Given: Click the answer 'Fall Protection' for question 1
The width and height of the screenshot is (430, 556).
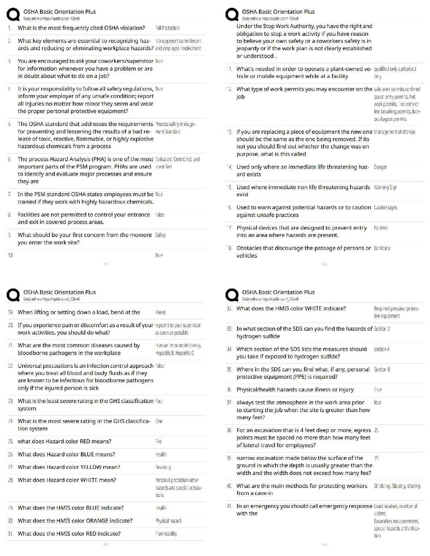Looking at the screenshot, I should pos(167,28).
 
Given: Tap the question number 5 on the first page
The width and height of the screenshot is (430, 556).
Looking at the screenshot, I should pos(9,124).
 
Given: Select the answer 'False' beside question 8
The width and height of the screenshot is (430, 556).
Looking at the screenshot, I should pos(159,215).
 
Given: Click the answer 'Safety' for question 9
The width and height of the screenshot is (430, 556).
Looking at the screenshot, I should pos(160,235).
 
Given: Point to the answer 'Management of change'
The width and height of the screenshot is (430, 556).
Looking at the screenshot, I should pos(395,132).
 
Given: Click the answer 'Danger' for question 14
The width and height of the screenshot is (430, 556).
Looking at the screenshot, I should pos(380,167).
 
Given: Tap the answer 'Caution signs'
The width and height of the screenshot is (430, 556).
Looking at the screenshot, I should pos(385,207).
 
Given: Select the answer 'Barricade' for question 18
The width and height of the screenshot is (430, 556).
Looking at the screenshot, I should pos(382,248).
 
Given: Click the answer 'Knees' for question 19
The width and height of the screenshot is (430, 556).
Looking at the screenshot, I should pos(160,312).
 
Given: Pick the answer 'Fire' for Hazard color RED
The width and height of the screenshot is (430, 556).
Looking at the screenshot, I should pos(158,442).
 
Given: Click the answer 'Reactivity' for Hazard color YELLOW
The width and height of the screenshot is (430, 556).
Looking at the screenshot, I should pos(163,467).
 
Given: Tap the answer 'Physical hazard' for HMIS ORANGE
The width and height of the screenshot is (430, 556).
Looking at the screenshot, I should pos(168,521).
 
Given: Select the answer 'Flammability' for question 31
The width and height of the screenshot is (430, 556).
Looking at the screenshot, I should pos(166,534).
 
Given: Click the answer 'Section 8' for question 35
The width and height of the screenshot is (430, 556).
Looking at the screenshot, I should pos(382,370).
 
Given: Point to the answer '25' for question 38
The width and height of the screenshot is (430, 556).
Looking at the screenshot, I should pos(376,430).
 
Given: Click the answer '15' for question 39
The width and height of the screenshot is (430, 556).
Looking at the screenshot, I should pos(376,458).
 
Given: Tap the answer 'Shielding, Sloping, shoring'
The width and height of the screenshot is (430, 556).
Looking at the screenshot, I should pos(397,486).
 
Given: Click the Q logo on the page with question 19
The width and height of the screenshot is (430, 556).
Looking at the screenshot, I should pos(13,295).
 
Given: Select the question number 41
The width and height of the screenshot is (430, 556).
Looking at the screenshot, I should pos(229,506).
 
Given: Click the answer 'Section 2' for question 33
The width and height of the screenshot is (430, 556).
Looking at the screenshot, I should pos(382,329).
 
